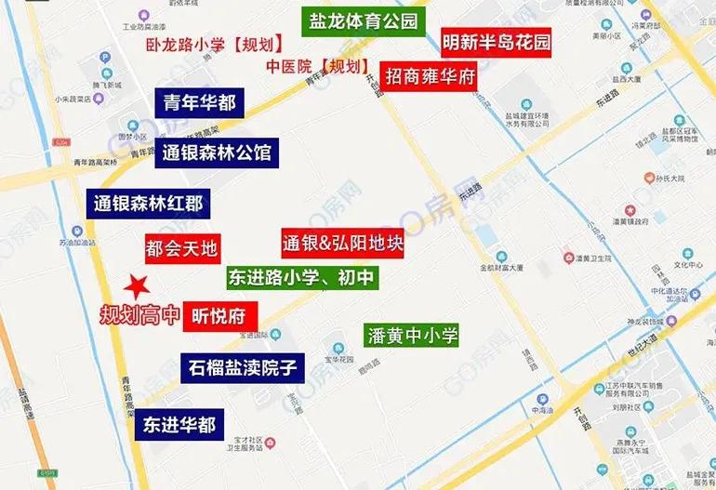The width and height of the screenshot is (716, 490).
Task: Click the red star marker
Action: (x=138, y=285)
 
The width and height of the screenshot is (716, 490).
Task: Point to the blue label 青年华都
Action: (x=200, y=103)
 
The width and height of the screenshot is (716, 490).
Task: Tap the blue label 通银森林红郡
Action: (x=149, y=203)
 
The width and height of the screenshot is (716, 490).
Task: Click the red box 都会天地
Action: (x=181, y=247)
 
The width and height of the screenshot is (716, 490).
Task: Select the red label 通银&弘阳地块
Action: (x=342, y=245)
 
